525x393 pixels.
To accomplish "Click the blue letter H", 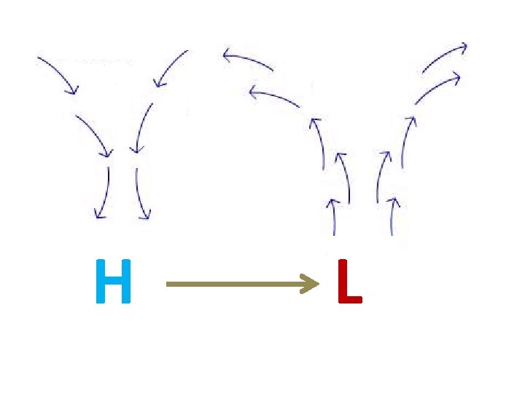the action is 113,282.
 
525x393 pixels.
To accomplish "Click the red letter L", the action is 349,282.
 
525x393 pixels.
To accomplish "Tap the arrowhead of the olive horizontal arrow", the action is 312,283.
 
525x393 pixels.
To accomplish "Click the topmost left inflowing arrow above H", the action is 58,74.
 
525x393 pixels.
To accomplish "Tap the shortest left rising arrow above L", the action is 332,216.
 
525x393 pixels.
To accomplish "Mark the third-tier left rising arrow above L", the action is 319,142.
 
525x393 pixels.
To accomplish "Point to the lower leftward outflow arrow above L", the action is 273,97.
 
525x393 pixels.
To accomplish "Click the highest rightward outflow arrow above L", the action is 444,57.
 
